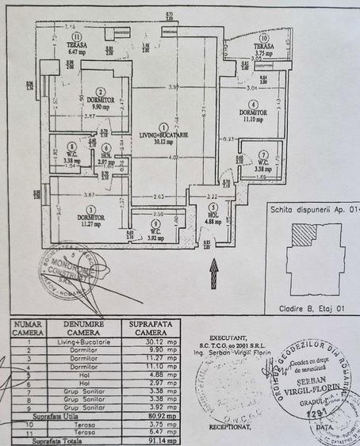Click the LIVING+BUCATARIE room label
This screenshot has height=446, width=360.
[x=162, y=136]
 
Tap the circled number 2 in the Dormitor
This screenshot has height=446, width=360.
[x=90, y=91]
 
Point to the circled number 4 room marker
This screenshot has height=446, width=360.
[x=252, y=104]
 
